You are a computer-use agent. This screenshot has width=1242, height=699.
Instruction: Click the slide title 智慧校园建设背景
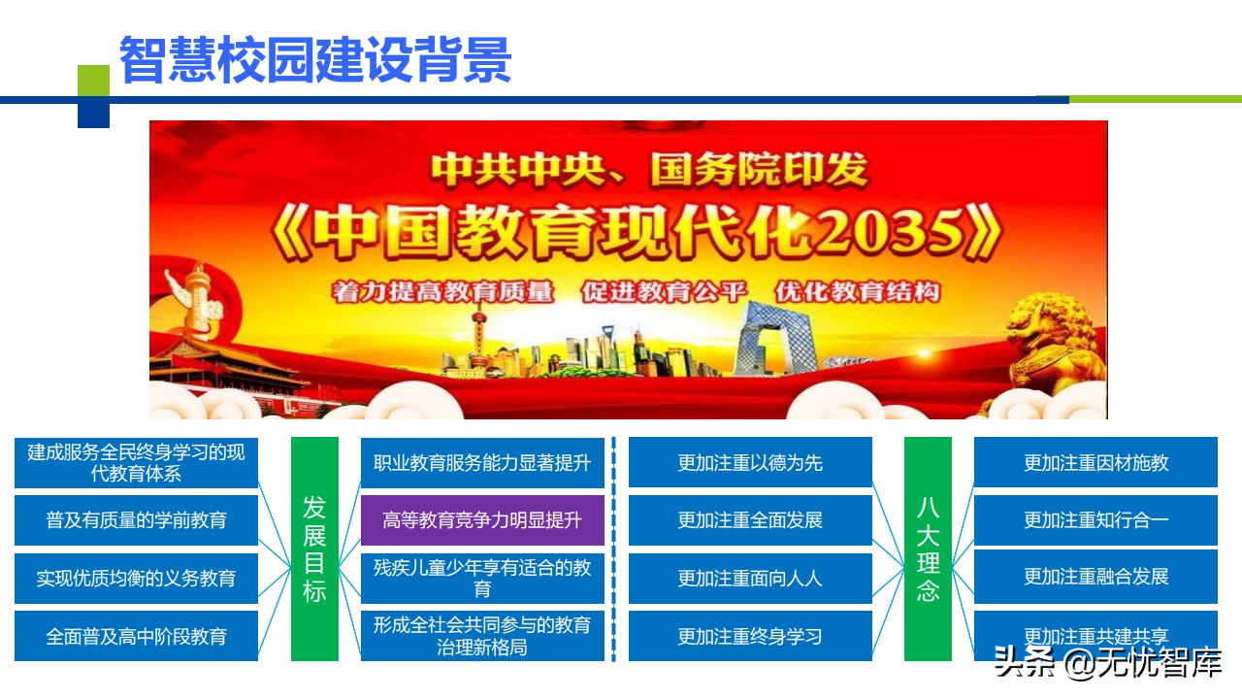314,60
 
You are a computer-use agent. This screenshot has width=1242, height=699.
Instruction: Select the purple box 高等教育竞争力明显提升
482,520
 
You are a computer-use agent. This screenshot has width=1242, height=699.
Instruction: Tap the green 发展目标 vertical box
314,549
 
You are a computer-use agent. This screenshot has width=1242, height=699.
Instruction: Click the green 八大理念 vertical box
928,549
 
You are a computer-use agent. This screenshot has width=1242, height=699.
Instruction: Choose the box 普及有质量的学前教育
136,520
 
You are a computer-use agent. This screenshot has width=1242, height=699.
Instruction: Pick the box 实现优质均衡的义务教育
136,578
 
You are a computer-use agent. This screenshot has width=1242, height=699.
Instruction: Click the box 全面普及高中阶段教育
136,636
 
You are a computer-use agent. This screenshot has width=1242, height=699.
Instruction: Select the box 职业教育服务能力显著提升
482,463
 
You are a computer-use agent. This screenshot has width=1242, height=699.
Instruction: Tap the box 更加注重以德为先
750,463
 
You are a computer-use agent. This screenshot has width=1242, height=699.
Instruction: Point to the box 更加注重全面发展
750,520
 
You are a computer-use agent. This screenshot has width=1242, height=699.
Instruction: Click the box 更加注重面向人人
750,578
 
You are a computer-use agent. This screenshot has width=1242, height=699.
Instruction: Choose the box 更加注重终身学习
750,636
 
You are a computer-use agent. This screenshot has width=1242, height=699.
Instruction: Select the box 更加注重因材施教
1095,463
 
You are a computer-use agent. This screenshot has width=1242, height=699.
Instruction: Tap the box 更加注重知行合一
1095,520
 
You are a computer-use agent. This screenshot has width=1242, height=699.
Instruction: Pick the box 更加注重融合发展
1095,577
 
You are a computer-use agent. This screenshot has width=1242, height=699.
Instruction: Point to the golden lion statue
1053,349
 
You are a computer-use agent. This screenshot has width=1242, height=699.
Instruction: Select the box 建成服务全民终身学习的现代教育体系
136,463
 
